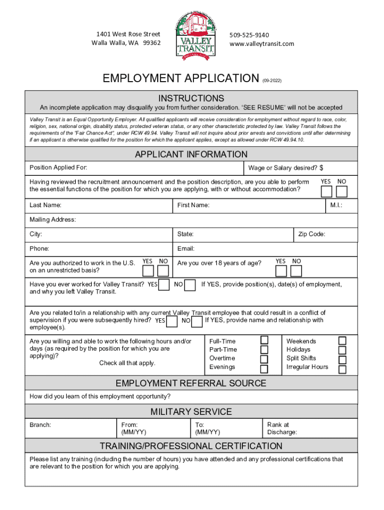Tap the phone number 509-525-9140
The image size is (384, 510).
(x=249, y=35)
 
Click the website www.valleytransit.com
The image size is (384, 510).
(x=261, y=44)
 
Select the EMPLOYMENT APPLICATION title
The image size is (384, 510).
(x=181, y=79)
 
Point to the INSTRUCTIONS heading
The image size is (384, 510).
(x=191, y=98)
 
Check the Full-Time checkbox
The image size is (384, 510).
(x=264, y=340)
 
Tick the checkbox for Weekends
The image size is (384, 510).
(x=342, y=341)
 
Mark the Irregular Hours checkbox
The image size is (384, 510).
(x=342, y=370)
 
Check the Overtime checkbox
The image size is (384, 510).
(x=264, y=359)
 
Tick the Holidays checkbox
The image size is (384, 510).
(x=342, y=350)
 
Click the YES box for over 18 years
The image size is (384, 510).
(x=281, y=271)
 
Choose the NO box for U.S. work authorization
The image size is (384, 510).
(x=163, y=270)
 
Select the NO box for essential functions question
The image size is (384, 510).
(x=342, y=192)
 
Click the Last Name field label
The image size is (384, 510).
(x=45, y=205)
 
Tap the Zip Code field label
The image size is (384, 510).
(x=312, y=234)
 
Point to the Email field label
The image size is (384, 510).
(x=186, y=249)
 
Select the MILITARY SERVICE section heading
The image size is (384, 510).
(x=191, y=411)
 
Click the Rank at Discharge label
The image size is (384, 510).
(x=282, y=428)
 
